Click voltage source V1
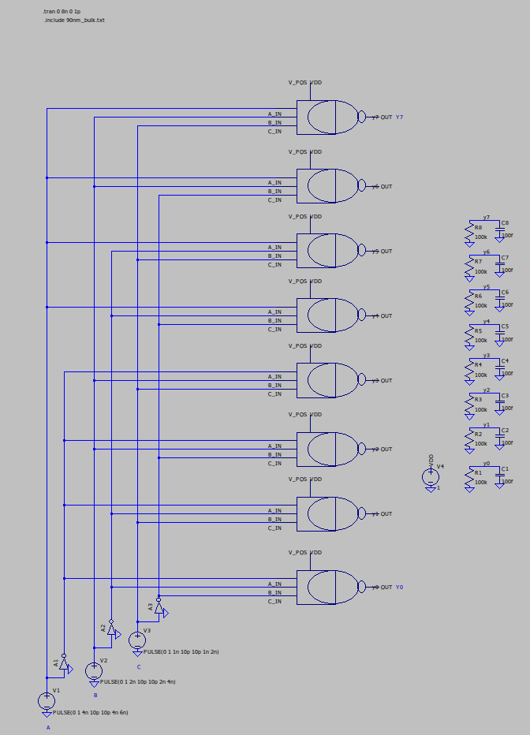coord(47,700)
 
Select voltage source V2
coord(94,670)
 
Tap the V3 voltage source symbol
coord(137,639)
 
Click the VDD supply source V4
coord(431,476)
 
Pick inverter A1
coord(65,666)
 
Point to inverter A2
coord(112,630)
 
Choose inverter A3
coord(159,608)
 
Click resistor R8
coord(468,232)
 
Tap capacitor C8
coord(499,232)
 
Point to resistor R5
coord(468,335)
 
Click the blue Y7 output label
coord(400,118)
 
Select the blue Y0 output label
coord(400,588)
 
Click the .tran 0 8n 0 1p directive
coord(62,12)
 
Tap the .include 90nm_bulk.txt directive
coord(74,20)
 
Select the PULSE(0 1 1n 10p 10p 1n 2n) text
coord(181,652)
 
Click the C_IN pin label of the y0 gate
coord(274,602)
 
